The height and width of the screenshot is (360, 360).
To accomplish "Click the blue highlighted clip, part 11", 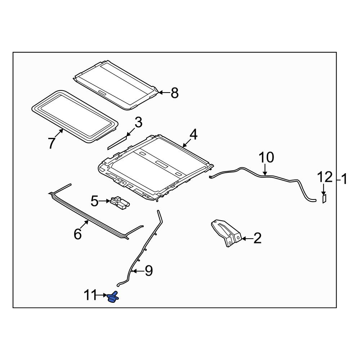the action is coord(113,298).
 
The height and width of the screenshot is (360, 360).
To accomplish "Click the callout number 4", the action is coord(193,134).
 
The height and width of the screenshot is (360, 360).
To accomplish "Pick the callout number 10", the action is coord(266,157).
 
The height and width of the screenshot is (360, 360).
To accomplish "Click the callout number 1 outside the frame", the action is coord(343,179).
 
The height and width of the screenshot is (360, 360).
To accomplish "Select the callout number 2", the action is coord(257,238).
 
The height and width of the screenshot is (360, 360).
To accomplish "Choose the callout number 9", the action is coord(149,271).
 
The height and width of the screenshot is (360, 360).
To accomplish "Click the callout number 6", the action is coord(78,234).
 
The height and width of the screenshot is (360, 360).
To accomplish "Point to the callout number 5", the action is coord(94,201).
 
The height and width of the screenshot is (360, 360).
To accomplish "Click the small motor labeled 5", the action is coord(120,202).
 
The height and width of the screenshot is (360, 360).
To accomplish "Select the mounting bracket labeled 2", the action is coord(226,233).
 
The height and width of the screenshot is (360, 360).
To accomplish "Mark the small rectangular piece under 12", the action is coord(324,199).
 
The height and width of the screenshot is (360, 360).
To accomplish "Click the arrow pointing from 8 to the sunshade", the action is coord(164,93).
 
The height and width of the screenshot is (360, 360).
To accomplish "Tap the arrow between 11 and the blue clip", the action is coord(102,295).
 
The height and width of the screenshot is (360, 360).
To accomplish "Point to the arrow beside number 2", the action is coord(247,239).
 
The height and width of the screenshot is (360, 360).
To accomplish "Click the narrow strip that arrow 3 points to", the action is coord(117,143).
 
